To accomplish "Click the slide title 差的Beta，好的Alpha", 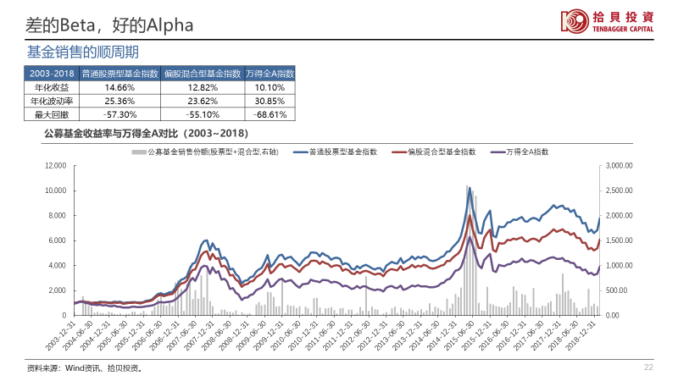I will tap(109, 25).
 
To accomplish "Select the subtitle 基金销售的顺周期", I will tap(82, 52).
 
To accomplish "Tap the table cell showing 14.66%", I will tap(119, 87).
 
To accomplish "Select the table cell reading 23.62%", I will tap(203, 101).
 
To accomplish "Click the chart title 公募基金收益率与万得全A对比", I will tap(145, 134).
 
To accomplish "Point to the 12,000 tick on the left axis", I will tap(54, 166).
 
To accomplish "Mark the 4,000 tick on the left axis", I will tap(56, 266).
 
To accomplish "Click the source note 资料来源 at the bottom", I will tap(84, 368).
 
